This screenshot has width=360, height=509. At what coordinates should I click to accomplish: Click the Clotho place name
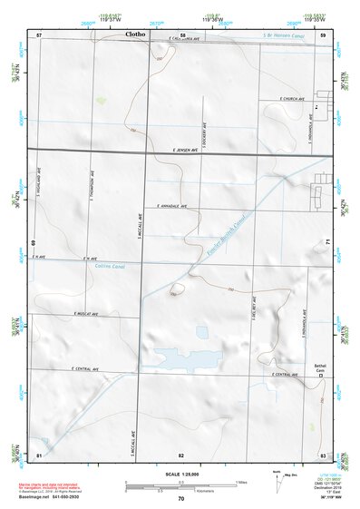[131, 34]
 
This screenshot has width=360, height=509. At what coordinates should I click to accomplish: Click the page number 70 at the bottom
[181, 498]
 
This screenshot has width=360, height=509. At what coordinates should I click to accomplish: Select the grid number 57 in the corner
[39, 34]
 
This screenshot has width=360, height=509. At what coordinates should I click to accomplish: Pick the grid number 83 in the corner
[323, 453]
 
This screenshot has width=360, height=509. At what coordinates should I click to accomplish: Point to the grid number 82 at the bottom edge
[181, 453]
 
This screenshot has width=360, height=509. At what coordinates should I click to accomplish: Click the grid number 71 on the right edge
[326, 241]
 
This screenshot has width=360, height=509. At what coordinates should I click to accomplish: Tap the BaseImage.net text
[42, 498]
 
